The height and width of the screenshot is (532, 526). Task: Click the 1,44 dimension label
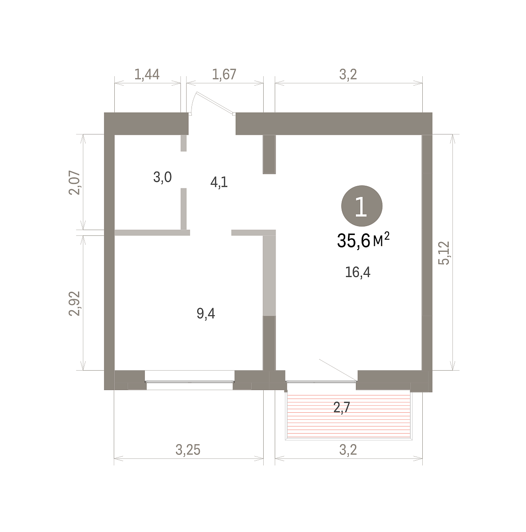click(x=147, y=74)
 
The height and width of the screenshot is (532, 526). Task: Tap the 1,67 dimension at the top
click(x=224, y=74)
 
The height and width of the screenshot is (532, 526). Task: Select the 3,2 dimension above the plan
click(x=348, y=74)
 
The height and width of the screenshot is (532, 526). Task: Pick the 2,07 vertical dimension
click(x=74, y=183)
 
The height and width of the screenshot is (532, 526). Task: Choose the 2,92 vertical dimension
click(x=74, y=303)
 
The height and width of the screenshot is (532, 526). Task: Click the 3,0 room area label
click(x=162, y=177)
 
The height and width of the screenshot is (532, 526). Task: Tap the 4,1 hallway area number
click(x=219, y=183)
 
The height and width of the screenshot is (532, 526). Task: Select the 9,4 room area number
click(x=206, y=313)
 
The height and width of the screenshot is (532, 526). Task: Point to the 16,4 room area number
click(x=357, y=273)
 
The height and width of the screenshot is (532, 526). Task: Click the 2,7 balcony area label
click(x=342, y=407)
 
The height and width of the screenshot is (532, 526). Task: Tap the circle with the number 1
click(x=362, y=206)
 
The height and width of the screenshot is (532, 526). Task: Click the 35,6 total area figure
click(x=353, y=241)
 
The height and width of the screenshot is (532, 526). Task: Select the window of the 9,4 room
click(x=189, y=382)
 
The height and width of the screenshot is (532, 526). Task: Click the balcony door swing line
click(x=338, y=370)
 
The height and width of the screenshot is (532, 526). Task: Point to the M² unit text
click(x=381, y=239)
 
